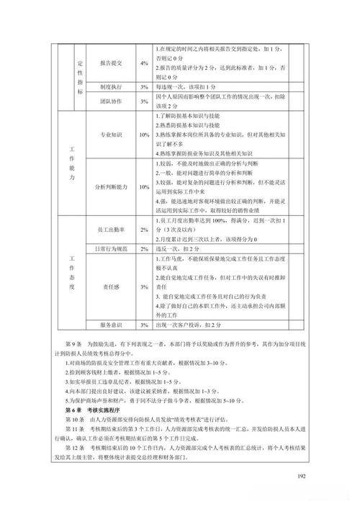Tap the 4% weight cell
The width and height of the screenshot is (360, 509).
tap(144, 63)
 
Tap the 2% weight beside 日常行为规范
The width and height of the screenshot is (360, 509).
tap(144, 248)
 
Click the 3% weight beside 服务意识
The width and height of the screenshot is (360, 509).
tap(144, 325)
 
